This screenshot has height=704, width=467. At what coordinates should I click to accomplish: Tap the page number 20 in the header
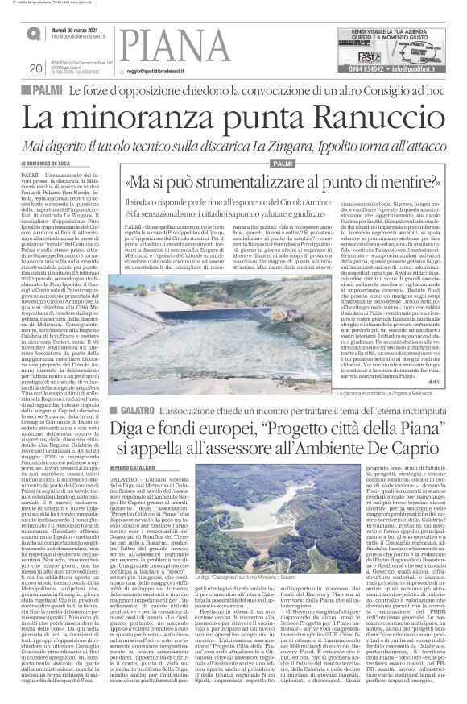pyautogui.click(x=35, y=68)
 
